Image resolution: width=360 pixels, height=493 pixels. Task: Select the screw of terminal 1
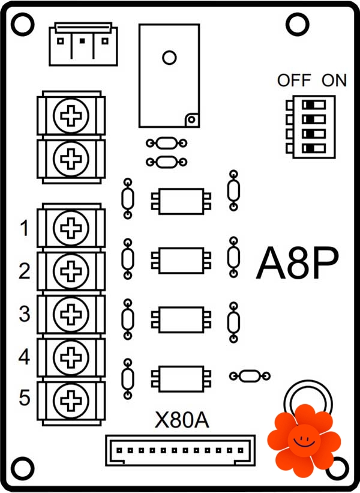71,227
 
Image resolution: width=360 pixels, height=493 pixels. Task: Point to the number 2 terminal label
24,271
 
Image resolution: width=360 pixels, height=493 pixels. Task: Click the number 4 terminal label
24,357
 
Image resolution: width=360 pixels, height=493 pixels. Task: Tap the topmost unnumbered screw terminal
71,114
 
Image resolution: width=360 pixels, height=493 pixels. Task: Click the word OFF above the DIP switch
294,80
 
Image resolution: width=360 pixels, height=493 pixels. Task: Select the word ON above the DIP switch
334,80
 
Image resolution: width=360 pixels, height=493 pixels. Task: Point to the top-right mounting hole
296,24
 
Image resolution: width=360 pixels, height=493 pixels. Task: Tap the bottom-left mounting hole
22,467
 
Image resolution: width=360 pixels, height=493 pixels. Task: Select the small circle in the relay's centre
169,58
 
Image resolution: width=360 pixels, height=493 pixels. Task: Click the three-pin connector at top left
82,43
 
